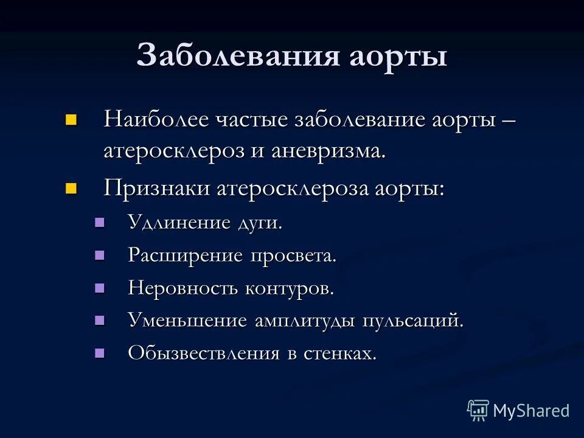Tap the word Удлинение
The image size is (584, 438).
point(177,222)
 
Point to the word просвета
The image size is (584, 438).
point(292,256)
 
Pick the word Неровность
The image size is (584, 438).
point(183,288)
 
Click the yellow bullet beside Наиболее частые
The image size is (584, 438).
point(72,118)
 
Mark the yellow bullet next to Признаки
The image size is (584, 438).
point(72,187)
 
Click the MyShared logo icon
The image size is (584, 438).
point(478,410)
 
